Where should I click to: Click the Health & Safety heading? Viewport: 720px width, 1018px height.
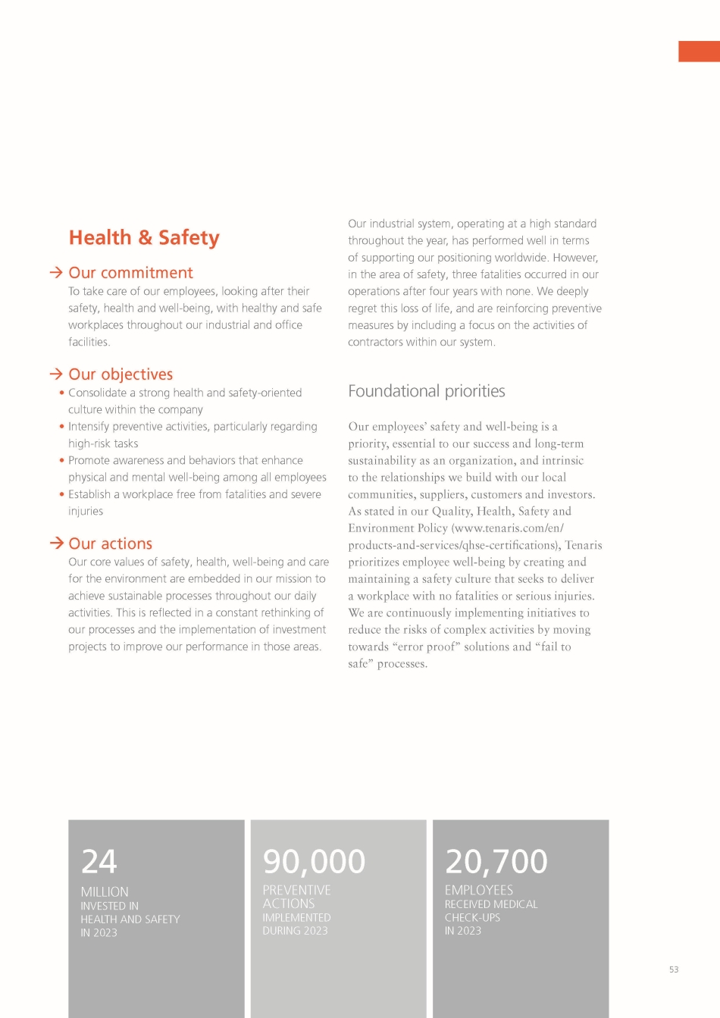pyautogui.click(x=144, y=238)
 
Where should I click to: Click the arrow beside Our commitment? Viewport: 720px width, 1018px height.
pyautogui.click(x=55, y=272)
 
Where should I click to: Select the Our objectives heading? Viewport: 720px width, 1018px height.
pyautogui.click(x=121, y=374)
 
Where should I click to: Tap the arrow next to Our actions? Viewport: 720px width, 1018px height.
pyautogui.click(x=55, y=543)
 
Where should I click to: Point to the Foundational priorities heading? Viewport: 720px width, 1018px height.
pyautogui.click(x=426, y=391)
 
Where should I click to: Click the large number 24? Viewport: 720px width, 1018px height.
pyautogui.click(x=99, y=862)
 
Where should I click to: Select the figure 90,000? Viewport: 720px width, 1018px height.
pyautogui.click(x=314, y=862)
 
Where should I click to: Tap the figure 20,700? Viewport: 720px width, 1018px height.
pyautogui.click(x=496, y=862)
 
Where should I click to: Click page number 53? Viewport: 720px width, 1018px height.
pyautogui.click(x=674, y=969)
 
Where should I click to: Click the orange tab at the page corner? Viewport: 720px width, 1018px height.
pyautogui.click(x=699, y=52)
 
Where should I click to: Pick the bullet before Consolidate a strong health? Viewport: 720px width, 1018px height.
pyautogui.click(x=61, y=393)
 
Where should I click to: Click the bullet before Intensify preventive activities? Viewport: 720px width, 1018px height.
pyautogui.click(x=61, y=426)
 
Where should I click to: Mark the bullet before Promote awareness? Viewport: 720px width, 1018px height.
pyautogui.click(x=61, y=460)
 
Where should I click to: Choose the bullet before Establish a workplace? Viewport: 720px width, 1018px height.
pyautogui.click(x=61, y=494)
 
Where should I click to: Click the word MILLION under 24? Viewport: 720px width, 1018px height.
pyautogui.click(x=105, y=892)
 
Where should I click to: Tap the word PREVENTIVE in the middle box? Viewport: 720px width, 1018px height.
pyautogui.click(x=296, y=890)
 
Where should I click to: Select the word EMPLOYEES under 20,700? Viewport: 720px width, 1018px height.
pyautogui.click(x=478, y=890)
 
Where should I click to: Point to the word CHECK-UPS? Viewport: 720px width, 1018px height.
pyautogui.click(x=472, y=918)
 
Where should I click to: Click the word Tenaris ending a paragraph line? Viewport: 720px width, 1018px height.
pyautogui.click(x=583, y=545)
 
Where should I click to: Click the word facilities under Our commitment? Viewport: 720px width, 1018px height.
pyautogui.click(x=89, y=342)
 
